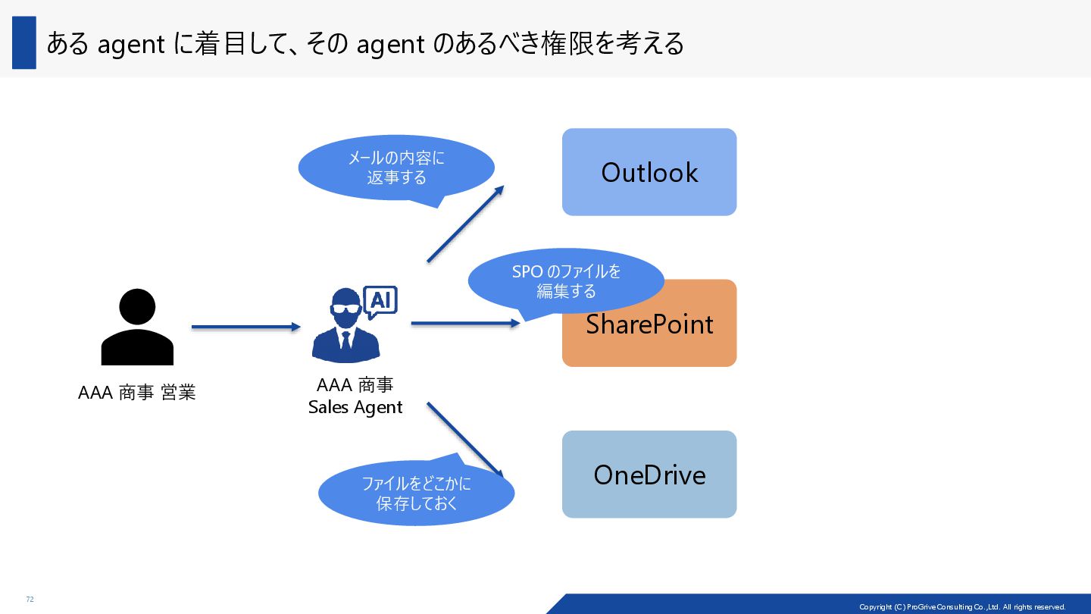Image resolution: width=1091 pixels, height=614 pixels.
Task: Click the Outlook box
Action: click(649, 172)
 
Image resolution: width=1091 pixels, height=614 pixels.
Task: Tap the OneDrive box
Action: click(649, 475)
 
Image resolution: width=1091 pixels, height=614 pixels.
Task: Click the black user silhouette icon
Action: click(137, 327)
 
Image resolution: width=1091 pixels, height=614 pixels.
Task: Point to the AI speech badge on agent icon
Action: click(380, 301)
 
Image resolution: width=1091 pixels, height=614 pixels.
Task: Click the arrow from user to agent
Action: click(246, 327)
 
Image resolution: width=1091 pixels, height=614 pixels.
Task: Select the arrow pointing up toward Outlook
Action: click(465, 224)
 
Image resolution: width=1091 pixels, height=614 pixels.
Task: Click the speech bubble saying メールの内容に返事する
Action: click(396, 168)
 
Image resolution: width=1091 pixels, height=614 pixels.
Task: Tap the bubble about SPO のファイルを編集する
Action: click(566, 280)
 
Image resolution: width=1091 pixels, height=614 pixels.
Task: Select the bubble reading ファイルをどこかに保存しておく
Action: click(416, 493)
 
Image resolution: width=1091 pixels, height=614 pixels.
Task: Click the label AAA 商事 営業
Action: click(137, 393)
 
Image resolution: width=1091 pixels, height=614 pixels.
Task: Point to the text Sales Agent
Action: click(355, 408)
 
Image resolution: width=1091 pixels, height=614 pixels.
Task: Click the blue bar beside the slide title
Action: click(24, 43)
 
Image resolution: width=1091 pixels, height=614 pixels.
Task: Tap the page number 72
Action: click(30, 600)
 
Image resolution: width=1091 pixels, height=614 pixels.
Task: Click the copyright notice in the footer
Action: click(961, 607)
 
